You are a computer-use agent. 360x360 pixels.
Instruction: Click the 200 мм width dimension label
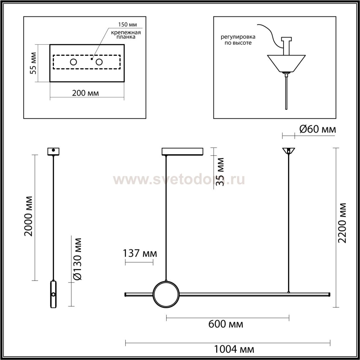pos(85,93)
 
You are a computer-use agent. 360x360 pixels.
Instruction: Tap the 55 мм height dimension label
pos(33,63)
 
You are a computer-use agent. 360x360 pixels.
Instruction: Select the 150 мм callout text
pos(127,24)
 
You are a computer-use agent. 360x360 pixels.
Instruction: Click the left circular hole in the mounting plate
pos(73,62)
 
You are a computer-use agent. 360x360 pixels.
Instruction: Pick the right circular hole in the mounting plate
pos(99,62)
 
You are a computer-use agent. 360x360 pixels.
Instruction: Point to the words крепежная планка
pos(126,35)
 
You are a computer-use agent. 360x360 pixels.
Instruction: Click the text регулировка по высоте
pos(238,40)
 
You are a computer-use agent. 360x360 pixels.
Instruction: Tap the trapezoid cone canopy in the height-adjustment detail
pos(286,64)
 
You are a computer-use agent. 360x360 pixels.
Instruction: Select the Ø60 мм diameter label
pos(318,129)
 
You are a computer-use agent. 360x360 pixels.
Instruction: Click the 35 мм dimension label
pos(220,172)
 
